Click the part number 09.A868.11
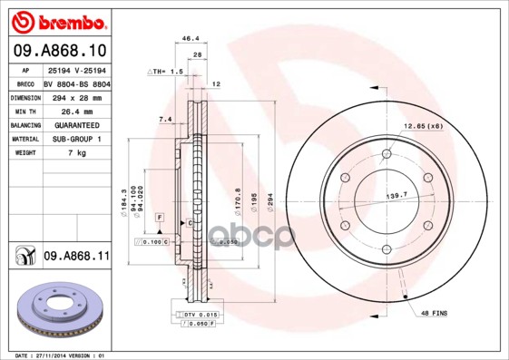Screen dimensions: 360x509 pos(76,257)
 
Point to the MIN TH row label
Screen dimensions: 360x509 pos(24,111)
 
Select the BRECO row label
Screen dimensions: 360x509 pos(24,83)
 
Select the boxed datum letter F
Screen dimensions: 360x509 pos(159,219)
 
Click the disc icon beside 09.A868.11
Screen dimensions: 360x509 pos(24,258)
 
